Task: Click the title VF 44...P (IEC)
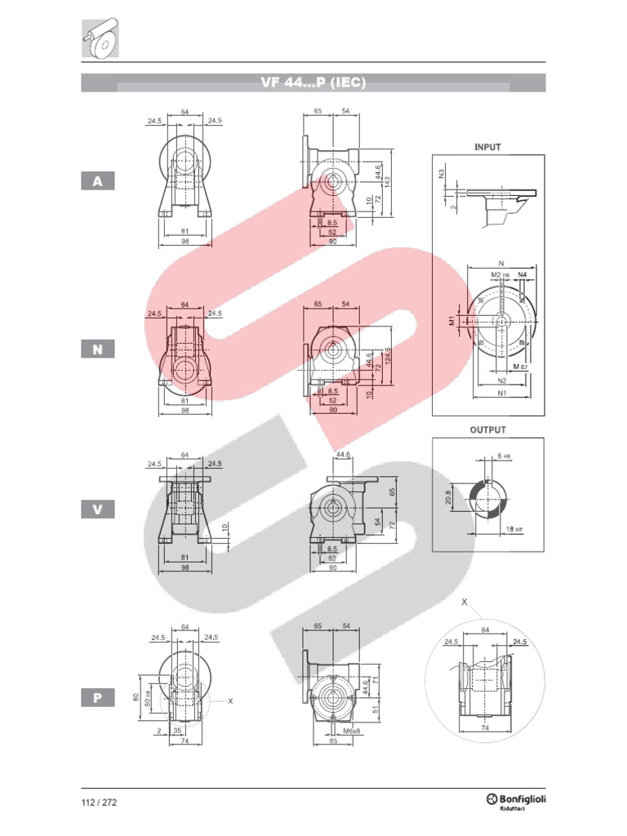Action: pyautogui.click(x=313, y=82)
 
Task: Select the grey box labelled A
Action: pyautogui.click(x=98, y=181)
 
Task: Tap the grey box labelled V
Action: pyautogui.click(x=98, y=509)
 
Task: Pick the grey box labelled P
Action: pyautogui.click(x=98, y=698)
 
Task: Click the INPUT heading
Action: pyautogui.click(x=487, y=148)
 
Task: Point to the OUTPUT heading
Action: pyautogui.click(x=487, y=429)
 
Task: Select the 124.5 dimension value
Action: pyautogui.click(x=389, y=356)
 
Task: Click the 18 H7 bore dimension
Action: pyautogui.click(x=512, y=529)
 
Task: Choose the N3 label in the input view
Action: pyautogui.click(x=441, y=173)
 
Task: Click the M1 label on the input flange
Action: pyautogui.click(x=451, y=321)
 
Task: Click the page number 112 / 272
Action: pyautogui.click(x=99, y=802)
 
